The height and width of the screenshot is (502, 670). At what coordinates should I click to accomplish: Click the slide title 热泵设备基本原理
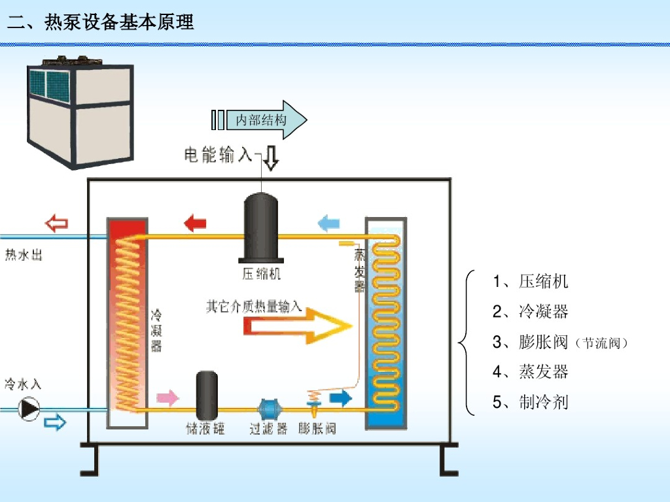coord(101,22)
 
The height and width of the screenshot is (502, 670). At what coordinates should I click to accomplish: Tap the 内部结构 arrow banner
coord(260,120)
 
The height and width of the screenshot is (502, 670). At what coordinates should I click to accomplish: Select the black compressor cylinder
coord(261,228)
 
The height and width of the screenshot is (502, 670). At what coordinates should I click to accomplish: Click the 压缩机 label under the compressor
coord(261,274)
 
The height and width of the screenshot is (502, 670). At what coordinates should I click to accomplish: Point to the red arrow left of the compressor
coord(194,224)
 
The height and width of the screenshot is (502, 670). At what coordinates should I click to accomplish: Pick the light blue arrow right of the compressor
coord(328,224)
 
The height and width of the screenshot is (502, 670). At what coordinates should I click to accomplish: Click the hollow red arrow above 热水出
coord(56,224)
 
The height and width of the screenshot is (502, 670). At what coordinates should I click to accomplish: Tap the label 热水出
coord(24,255)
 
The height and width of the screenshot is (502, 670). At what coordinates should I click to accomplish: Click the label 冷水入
coord(23,383)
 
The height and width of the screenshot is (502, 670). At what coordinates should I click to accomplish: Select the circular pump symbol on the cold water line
coord(29,409)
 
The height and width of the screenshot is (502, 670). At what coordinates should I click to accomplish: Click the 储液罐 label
coord(205,429)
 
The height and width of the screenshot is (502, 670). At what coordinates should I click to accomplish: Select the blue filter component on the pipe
coord(268,409)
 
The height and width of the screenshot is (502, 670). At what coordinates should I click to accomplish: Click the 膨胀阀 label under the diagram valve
coord(317,429)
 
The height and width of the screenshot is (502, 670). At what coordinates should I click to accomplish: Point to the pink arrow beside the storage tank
coord(167,397)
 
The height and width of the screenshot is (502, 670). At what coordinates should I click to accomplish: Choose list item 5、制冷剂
coord(531,402)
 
